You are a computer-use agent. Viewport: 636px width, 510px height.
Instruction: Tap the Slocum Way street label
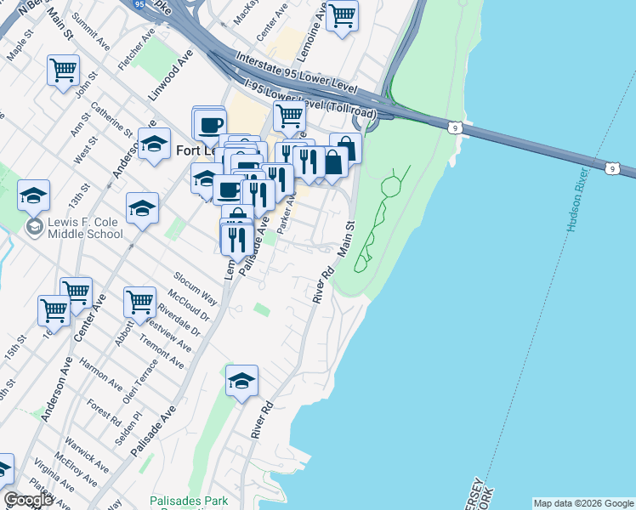pyautogui.click(x=196, y=290)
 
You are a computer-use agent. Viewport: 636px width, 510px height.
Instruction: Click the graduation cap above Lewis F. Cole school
pyautogui.click(x=33, y=195)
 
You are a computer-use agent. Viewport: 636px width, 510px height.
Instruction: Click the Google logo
pyautogui.click(x=27, y=500)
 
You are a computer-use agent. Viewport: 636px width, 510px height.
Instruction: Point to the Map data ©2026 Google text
pyautogui.click(x=583, y=503)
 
